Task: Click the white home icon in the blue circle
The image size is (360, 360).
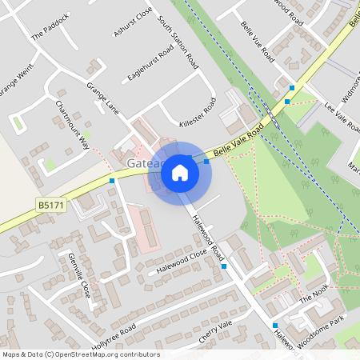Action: pos(180,172)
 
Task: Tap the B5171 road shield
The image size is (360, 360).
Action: pos(50,206)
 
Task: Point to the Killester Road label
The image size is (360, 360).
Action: pos(198,112)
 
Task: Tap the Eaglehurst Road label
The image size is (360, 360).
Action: pos(150,63)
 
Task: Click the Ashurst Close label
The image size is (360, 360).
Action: pos(132,22)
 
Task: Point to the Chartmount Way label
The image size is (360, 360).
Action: pos(72,126)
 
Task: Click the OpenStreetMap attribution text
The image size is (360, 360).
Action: pos(80,354)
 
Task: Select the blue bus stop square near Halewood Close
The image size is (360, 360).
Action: pos(224,266)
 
